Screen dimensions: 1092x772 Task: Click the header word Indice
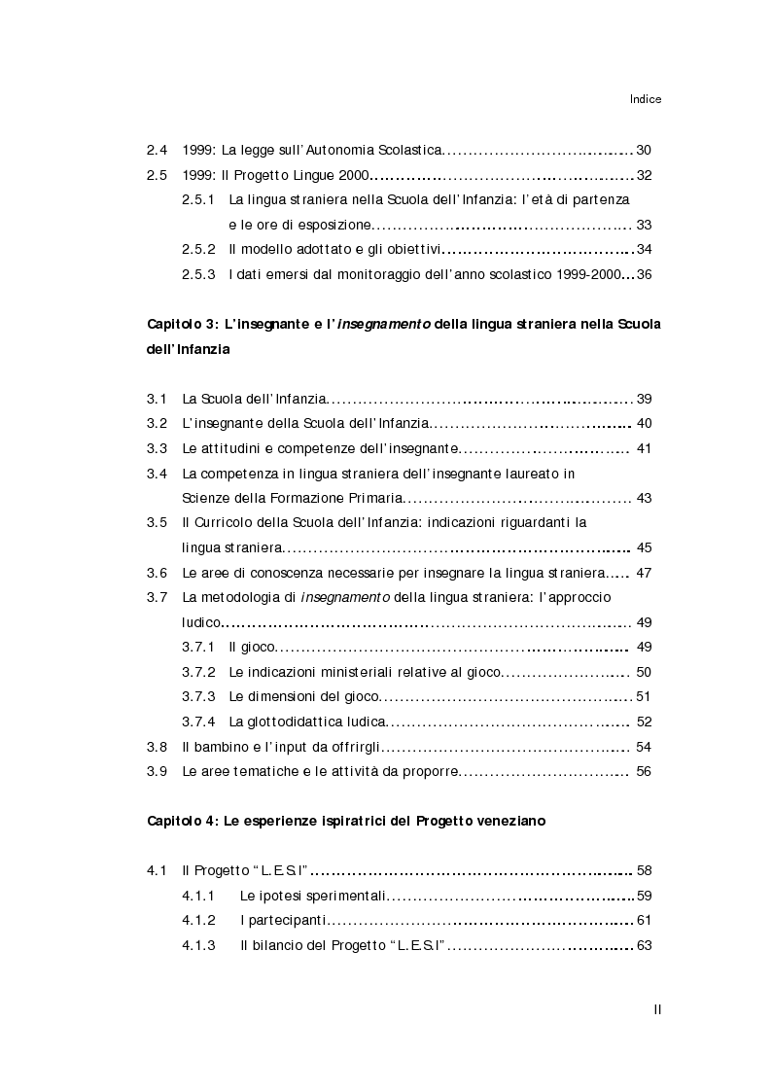[645, 98]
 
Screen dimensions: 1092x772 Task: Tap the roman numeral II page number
[657, 1010]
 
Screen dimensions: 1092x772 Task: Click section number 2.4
[157, 150]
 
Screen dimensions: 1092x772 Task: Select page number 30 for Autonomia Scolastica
[643, 150]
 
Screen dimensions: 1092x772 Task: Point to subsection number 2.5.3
[198, 274]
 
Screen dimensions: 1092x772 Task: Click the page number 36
[643, 274]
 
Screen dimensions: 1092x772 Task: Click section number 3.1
[157, 399]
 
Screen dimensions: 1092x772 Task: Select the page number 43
[643, 498]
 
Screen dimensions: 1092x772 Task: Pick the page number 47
[643, 573]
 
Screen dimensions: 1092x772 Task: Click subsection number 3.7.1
[198, 647]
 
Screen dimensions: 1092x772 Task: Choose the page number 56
[643, 771]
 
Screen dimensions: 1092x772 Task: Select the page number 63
[643, 945]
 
